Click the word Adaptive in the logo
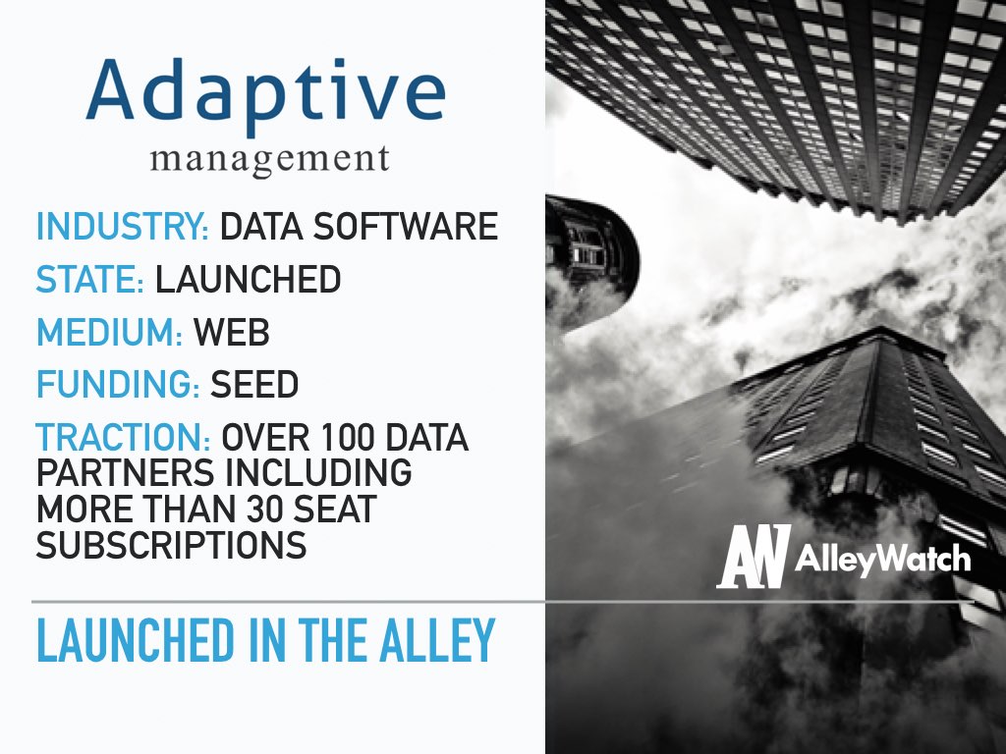[265, 94]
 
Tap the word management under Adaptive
[269, 160]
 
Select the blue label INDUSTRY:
[123, 227]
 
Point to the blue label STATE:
[89, 280]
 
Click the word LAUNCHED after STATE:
[248, 280]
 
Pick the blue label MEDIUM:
[110, 332]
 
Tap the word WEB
[232, 332]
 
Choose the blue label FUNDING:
[118, 384]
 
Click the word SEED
[254, 384]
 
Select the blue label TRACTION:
[123, 437]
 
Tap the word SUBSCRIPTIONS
[171, 545]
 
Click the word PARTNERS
[125, 473]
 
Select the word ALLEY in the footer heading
[437, 640]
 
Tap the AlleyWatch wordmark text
[883, 559]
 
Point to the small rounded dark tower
[590, 263]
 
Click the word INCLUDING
[318, 473]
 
